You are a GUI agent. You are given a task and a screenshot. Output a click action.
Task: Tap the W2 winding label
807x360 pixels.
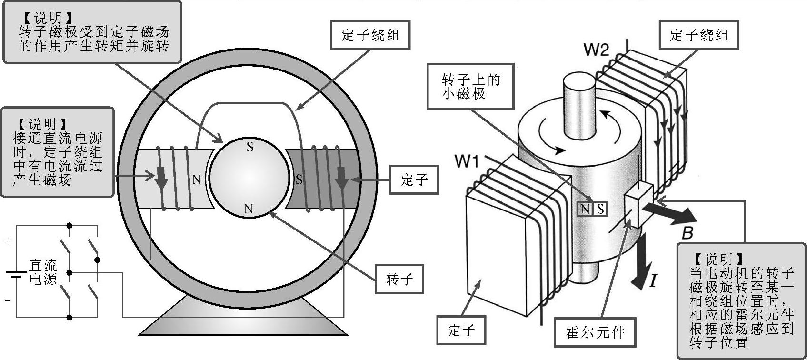pyautogui.click(x=597, y=49)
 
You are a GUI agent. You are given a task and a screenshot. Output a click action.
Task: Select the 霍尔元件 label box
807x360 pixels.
pyautogui.click(x=595, y=332)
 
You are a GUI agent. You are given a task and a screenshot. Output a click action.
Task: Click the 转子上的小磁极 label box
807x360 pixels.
pyautogui.click(x=470, y=86)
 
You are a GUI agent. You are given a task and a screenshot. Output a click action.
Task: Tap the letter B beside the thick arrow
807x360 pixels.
pyautogui.click(x=687, y=233)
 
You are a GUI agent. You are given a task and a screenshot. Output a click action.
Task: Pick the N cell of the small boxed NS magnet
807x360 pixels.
pyautogui.click(x=585, y=209)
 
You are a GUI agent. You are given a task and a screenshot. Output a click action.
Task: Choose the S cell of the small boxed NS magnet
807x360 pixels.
pyautogui.click(x=600, y=209)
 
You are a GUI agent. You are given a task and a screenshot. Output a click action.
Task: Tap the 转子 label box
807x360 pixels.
pyautogui.click(x=399, y=279)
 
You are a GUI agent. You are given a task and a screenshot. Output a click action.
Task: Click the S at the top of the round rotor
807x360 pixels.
pyautogui.click(x=250, y=147)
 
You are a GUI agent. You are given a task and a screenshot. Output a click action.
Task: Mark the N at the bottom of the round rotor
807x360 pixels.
pyautogui.click(x=249, y=209)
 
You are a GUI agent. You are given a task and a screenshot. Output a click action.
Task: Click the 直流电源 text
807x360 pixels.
pyautogui.click(x=43, y=272)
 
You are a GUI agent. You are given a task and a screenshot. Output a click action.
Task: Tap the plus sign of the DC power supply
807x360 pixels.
pyautogui.click(x=8, y=241)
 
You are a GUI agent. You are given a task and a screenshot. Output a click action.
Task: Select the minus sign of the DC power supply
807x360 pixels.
pyautogui.click(x=8, y=300)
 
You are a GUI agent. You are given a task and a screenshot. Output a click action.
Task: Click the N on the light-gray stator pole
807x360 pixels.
pyautogui.click(x=197, y=180)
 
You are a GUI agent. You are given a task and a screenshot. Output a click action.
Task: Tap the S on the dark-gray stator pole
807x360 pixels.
pyautogui.click(x=299, y=180)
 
